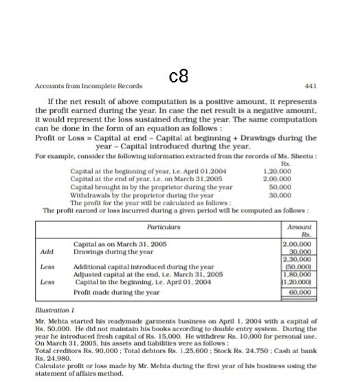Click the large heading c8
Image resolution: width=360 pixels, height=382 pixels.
[x=178, y=74]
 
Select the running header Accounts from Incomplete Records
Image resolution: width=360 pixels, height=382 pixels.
[x=88, y=86]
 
